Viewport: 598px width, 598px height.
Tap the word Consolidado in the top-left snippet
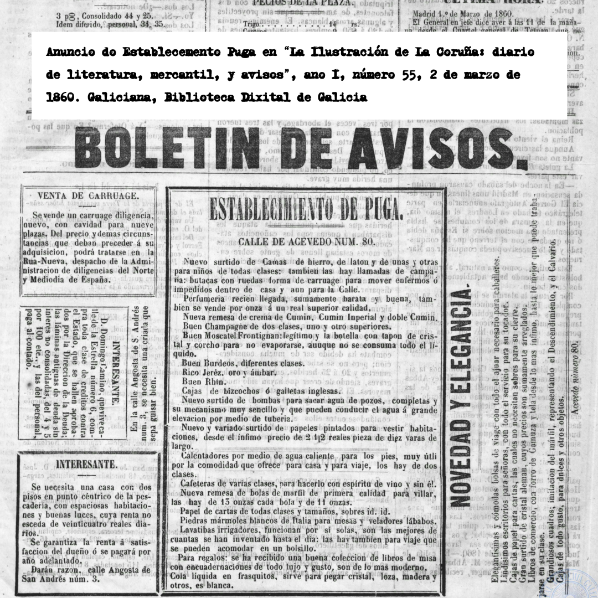[x=99, y=16]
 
